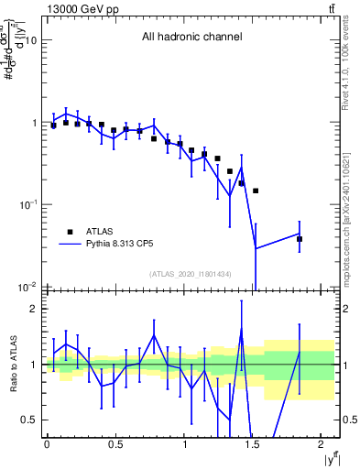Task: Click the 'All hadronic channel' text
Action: coord(191,38)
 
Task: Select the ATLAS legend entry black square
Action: coord(69,232)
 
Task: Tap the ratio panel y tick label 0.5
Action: coord(30,420)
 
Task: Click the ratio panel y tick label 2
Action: coord(36,309)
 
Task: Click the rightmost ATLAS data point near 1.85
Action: coord(300,239)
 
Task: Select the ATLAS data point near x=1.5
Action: coord(256,191)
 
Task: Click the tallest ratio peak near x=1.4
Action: coord(241,329)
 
